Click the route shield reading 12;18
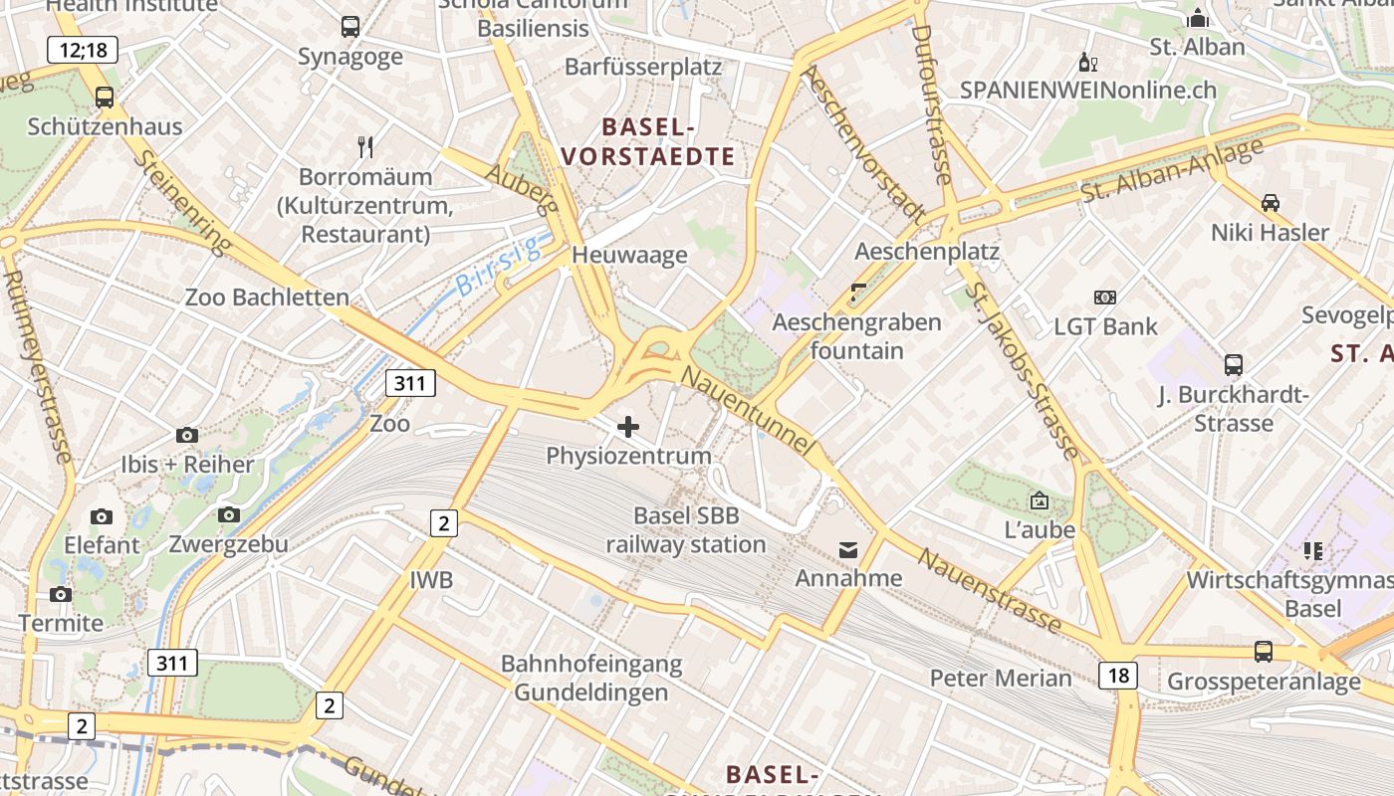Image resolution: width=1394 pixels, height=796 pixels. click(83, 49)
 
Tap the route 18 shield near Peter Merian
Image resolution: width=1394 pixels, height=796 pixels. click(1118, 676)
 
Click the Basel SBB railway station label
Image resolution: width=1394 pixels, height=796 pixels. click(686, 530)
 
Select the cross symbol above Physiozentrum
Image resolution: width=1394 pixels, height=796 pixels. click(628, 427)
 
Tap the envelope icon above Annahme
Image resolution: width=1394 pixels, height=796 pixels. click(848, 549)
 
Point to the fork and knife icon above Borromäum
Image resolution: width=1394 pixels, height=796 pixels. click(365, 147)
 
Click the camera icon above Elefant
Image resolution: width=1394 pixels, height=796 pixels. click(102, 516)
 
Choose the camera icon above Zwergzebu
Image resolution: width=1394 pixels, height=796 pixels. click(229, 514)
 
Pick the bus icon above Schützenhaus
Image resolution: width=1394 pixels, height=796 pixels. click(105, 98)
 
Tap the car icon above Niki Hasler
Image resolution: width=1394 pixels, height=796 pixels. click(1271, 203)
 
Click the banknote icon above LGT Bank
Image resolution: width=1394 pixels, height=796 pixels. click(1105, 297)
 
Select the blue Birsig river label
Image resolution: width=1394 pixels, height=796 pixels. click(497, 266)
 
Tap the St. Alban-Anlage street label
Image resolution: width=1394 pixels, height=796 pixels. click(1171, 169)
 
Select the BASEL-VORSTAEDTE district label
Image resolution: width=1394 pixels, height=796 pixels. click(648, 141)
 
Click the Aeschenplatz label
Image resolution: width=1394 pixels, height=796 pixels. click(926, 251)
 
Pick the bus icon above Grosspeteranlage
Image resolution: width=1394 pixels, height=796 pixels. click(1264, 652)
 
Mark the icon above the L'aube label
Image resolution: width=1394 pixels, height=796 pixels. click(1040, 500)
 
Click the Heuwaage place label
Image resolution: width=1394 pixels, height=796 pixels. click(629, 255)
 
